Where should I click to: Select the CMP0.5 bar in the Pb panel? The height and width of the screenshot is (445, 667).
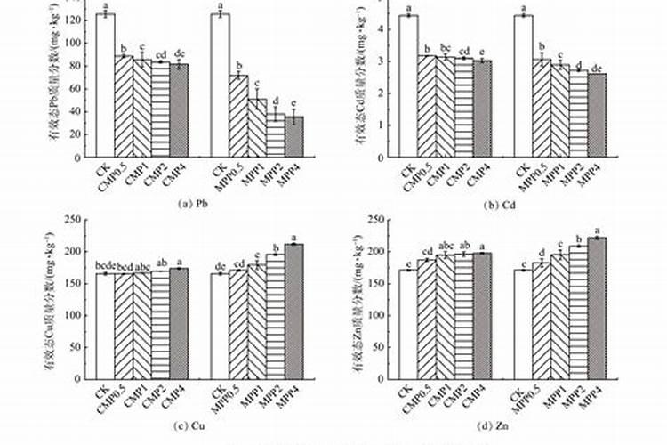(x=124, y=106)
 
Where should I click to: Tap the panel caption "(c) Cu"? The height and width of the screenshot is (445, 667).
(x=197, y=424)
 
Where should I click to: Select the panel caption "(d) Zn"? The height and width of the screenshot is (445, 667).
(x=502, y=424)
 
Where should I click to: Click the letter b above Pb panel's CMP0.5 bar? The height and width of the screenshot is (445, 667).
(x=124, y=48)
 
